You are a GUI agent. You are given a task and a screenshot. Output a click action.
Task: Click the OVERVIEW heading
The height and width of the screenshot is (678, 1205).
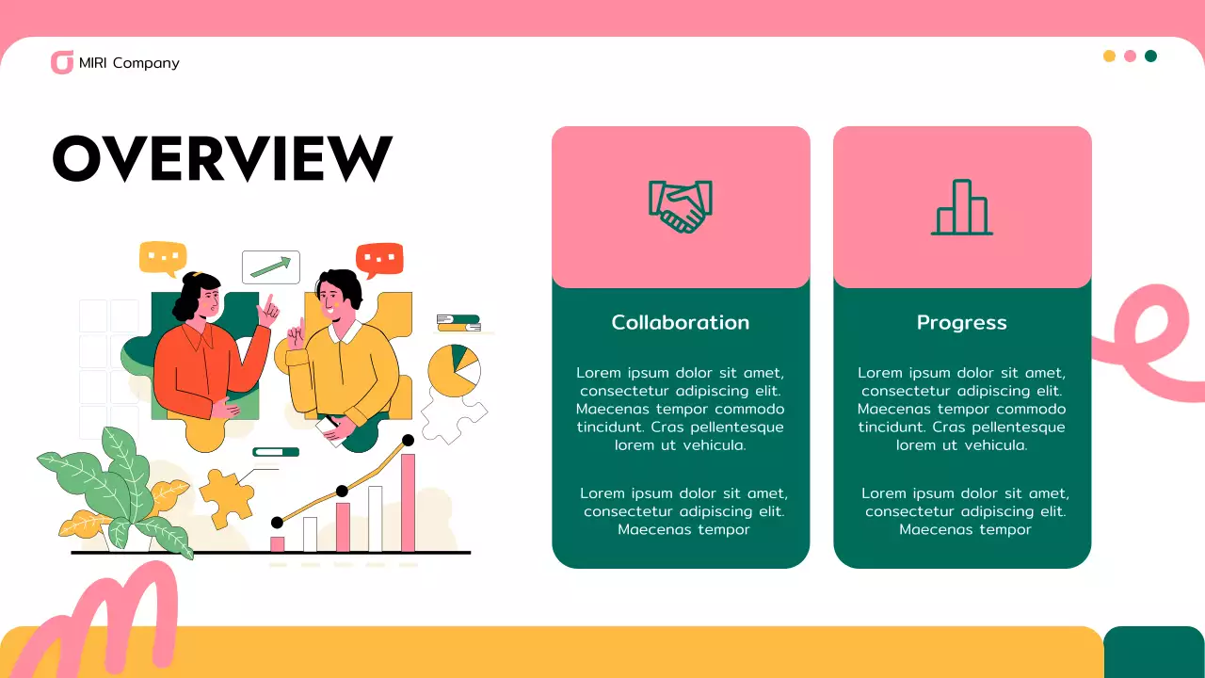(x=222, y=157)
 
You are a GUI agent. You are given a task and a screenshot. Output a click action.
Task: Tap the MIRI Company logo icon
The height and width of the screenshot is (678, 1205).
(x=62, y=63)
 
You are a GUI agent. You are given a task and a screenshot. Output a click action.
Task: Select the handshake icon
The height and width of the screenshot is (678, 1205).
(x=681, y=206)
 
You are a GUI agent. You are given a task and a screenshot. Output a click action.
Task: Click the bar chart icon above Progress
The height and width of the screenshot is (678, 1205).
(x=962, y=207)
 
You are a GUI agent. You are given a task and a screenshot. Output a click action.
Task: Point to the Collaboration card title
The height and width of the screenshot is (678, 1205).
(x=681, y=322)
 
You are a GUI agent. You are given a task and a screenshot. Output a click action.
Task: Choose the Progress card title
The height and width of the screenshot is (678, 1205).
(x=962, y=322)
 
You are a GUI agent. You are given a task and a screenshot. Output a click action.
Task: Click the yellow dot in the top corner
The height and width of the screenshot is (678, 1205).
(x=1109, y=56)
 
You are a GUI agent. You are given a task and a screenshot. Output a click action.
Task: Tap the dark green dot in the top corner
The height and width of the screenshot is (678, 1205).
(x=1150, y=56)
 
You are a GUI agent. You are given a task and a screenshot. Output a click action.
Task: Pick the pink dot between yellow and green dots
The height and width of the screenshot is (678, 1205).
(x=1130, y=56)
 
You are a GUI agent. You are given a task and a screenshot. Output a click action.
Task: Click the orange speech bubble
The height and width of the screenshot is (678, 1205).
(x=379, y=258)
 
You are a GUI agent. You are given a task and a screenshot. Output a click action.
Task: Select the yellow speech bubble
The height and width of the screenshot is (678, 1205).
(x=163, y=256)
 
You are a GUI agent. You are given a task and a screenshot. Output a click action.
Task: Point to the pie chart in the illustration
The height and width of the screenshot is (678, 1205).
(x=454, y=369)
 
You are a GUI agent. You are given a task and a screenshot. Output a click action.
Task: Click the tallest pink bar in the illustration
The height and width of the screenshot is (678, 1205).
(x=408, y=502)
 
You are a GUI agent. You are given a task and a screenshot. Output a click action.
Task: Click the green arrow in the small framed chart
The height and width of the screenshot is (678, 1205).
(x=271, y=267)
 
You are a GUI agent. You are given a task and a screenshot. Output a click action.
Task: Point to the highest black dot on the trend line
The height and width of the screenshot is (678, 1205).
(x=408, y=440)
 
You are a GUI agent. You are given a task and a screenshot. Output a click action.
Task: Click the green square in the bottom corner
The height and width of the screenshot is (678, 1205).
(x=1154, y=653)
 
